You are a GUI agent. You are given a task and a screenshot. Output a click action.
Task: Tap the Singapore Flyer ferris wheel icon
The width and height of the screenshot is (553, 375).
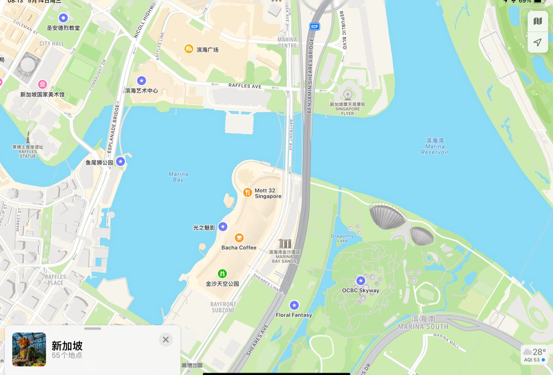tap(347, 95)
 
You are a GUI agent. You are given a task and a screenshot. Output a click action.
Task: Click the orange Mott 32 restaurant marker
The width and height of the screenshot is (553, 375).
tap(248, 192)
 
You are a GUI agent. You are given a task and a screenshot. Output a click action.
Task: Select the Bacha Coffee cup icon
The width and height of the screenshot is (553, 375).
tap(239, 238)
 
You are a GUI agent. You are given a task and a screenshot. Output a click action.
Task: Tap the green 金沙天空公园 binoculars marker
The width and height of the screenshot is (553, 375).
tap(222, 273)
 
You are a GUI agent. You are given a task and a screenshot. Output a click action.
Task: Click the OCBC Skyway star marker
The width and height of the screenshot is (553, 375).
tap(361, 281)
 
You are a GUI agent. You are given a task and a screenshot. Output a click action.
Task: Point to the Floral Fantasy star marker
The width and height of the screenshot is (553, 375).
tap(294, 305)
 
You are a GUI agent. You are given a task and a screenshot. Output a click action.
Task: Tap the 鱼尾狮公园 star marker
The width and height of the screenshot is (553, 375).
tap(121, 162)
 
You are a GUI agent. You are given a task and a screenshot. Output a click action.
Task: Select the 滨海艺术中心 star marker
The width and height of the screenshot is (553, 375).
tap(141, 80)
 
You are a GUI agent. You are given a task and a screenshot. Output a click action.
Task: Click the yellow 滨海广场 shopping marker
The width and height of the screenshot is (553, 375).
tap(189, 49)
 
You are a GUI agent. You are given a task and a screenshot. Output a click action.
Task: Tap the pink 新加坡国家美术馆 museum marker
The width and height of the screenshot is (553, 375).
tap(42, 84)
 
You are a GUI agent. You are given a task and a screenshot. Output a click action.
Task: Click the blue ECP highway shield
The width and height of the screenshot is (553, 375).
tap(315, 27)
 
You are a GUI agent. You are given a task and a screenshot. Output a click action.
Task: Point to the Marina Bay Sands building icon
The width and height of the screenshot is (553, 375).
tap(285, 244)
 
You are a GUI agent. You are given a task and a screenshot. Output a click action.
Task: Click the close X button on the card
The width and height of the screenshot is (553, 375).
tap(165, 340)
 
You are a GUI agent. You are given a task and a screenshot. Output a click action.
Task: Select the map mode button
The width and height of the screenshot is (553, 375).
tap(537, 21)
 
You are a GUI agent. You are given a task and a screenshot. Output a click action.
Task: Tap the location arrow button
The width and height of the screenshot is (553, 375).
tap(537, 42)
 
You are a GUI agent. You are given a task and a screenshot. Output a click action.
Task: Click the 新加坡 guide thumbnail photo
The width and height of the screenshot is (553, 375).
tap(29, 349)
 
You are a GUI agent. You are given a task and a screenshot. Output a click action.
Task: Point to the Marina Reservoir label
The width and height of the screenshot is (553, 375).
tap(435, 146)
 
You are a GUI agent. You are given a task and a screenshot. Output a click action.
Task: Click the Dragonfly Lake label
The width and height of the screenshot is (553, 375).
tap(342, 238)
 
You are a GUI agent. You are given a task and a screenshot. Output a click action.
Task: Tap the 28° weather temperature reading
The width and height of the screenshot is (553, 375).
tap(539, 352)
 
